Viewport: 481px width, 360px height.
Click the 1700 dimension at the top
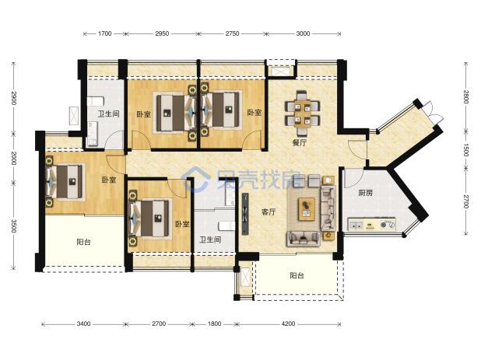pyautogui.click(x=104, y=33)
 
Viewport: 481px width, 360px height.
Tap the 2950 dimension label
pyautogui.click(x=162, y=33)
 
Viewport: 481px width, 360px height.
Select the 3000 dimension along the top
pyautogui.click(x=303, y=33)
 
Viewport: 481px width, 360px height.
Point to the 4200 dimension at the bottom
pyautogui.click(x=288, y=323)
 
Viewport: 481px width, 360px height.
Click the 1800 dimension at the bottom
pyautogui.click(x=214, y=323)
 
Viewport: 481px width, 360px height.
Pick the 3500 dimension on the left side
pyautogui.click(x=13, y=225)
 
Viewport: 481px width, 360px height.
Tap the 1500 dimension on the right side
pyautogui.click(x=466, y=150)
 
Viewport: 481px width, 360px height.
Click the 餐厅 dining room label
pyautogui.click(x=299, y=143)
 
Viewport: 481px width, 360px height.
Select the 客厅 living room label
pyautogui.click(x=269, y=211)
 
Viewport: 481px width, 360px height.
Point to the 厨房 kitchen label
pyautogui.click(x=366, y=193)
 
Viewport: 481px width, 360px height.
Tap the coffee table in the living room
pyautogui.click(x=307, y=209)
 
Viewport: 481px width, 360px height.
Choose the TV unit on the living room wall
pyautogui.click(x=245, y=214)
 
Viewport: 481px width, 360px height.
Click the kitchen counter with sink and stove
pyautogui.click(x=371, y=225)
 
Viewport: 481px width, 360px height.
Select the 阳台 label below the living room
pyautogui.click(x=297, y=275)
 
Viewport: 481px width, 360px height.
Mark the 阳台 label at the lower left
pyautogui.click(x=83, y=242)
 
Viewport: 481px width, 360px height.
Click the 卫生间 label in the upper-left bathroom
pyautogui.click(x=108, y=114)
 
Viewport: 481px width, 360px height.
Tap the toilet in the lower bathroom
pyautogui.click(x=226, y=226)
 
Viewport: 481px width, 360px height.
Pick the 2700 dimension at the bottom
pyautogui.click(x=159, y=323)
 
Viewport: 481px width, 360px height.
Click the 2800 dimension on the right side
pyautogui.click(x=466, y=97)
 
